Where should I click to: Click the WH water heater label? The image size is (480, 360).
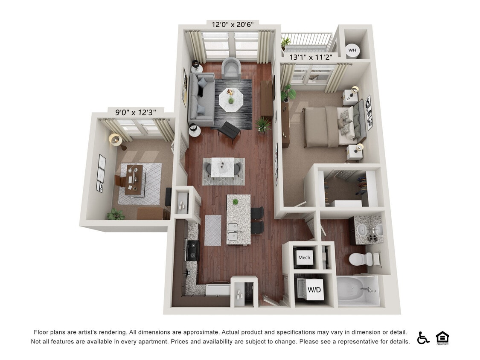352,50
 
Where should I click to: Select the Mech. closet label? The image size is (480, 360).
305,258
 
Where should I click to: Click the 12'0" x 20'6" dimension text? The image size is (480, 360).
233,24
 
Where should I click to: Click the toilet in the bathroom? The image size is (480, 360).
361,259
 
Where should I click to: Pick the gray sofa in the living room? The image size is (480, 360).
201,99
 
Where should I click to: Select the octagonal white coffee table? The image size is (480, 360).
231,100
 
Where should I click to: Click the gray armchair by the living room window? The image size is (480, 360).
231,68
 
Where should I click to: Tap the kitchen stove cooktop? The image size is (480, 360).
193,250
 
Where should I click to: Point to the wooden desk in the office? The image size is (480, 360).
134,180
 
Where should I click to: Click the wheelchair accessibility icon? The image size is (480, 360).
423,338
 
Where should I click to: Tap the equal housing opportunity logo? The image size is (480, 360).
442,338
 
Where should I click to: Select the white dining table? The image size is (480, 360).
223,167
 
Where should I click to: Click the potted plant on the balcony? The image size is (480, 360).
285,43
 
